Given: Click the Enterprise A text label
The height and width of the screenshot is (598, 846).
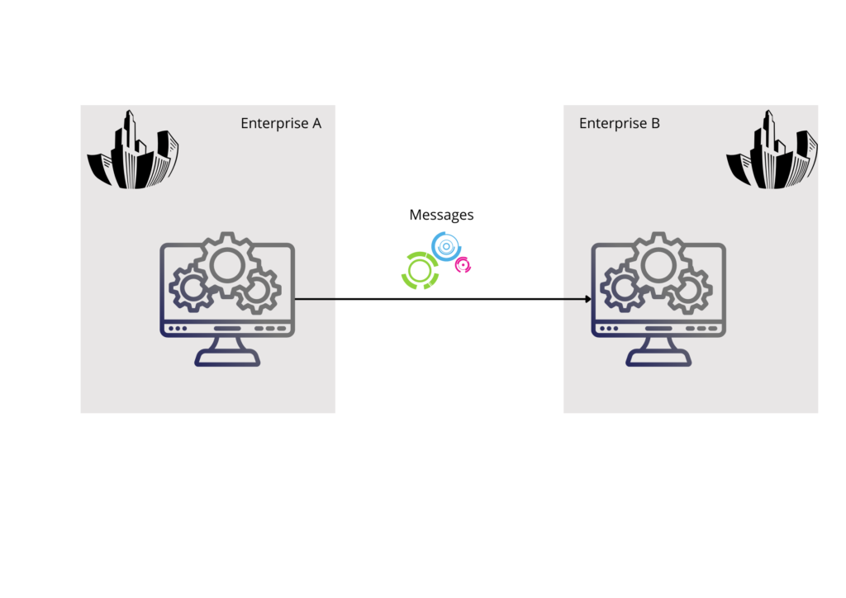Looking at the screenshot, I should [x=281, y=123].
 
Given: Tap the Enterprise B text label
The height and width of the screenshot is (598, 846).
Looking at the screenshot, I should [x=620, y=123].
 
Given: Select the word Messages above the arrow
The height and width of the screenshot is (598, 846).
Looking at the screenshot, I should [x=441, y=215].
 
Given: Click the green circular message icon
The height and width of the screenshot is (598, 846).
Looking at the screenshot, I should [x=420, y=270].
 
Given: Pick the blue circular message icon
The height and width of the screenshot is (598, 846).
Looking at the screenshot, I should [x=446, y=246].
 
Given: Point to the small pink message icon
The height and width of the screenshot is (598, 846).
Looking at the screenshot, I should [x=463, y=265].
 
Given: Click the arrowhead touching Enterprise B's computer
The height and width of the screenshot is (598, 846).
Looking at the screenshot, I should [x=587, y=299].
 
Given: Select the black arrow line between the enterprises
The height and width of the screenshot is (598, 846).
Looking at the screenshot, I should [x=438, y=299].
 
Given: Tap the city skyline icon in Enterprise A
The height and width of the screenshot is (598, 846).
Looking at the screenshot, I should [x=133, y=152].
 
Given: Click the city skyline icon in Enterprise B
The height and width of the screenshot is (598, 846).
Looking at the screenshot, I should [x=772, y=152].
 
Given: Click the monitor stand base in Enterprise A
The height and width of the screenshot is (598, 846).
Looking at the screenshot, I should [x=227, y=358].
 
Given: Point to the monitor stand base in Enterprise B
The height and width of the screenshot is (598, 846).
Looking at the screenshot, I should [x=659, y=358].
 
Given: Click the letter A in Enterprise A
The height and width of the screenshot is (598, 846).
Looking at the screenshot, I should [x=316, y=123].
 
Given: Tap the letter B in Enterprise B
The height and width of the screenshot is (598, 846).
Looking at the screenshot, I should [x=655, y=123].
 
